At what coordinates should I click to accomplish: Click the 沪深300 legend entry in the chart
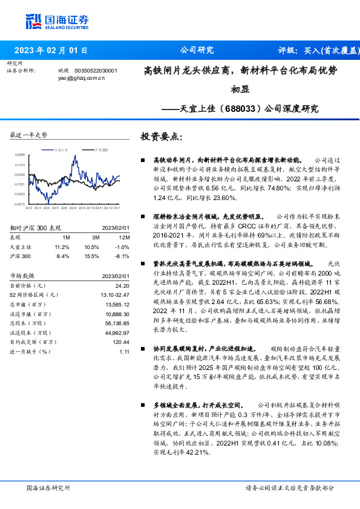point(102,149)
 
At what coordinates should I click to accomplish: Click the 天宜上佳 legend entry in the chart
point(62,149)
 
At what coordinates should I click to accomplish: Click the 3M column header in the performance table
point(92,237)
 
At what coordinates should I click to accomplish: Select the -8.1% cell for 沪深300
point(122,256)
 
